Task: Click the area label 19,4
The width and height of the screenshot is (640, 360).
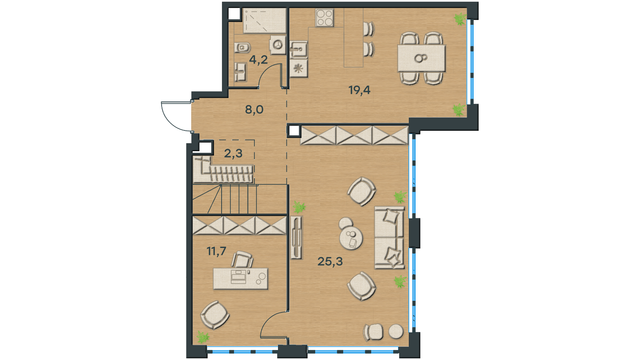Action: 360,90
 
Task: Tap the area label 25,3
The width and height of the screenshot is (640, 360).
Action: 330,262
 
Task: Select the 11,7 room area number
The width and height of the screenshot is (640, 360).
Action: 216,252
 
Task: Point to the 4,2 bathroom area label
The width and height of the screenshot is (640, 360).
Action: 258,60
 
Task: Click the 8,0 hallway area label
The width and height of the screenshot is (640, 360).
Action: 254,110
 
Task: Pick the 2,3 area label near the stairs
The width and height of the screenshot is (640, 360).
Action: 233,154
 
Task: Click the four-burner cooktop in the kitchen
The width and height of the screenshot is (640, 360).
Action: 325,18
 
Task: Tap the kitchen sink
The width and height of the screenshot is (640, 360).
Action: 298,50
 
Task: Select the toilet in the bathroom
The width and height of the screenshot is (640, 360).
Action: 242,48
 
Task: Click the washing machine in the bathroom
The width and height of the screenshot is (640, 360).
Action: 278,45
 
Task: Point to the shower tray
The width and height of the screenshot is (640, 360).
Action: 264,20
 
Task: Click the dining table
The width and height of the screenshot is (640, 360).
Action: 422,58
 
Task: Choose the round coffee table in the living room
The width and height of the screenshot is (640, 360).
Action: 351,238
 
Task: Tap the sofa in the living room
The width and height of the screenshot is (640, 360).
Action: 390,238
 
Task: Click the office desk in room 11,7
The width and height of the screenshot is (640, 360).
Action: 240,278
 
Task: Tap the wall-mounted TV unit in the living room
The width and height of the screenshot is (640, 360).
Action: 296,238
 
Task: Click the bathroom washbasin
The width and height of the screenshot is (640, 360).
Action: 240,72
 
